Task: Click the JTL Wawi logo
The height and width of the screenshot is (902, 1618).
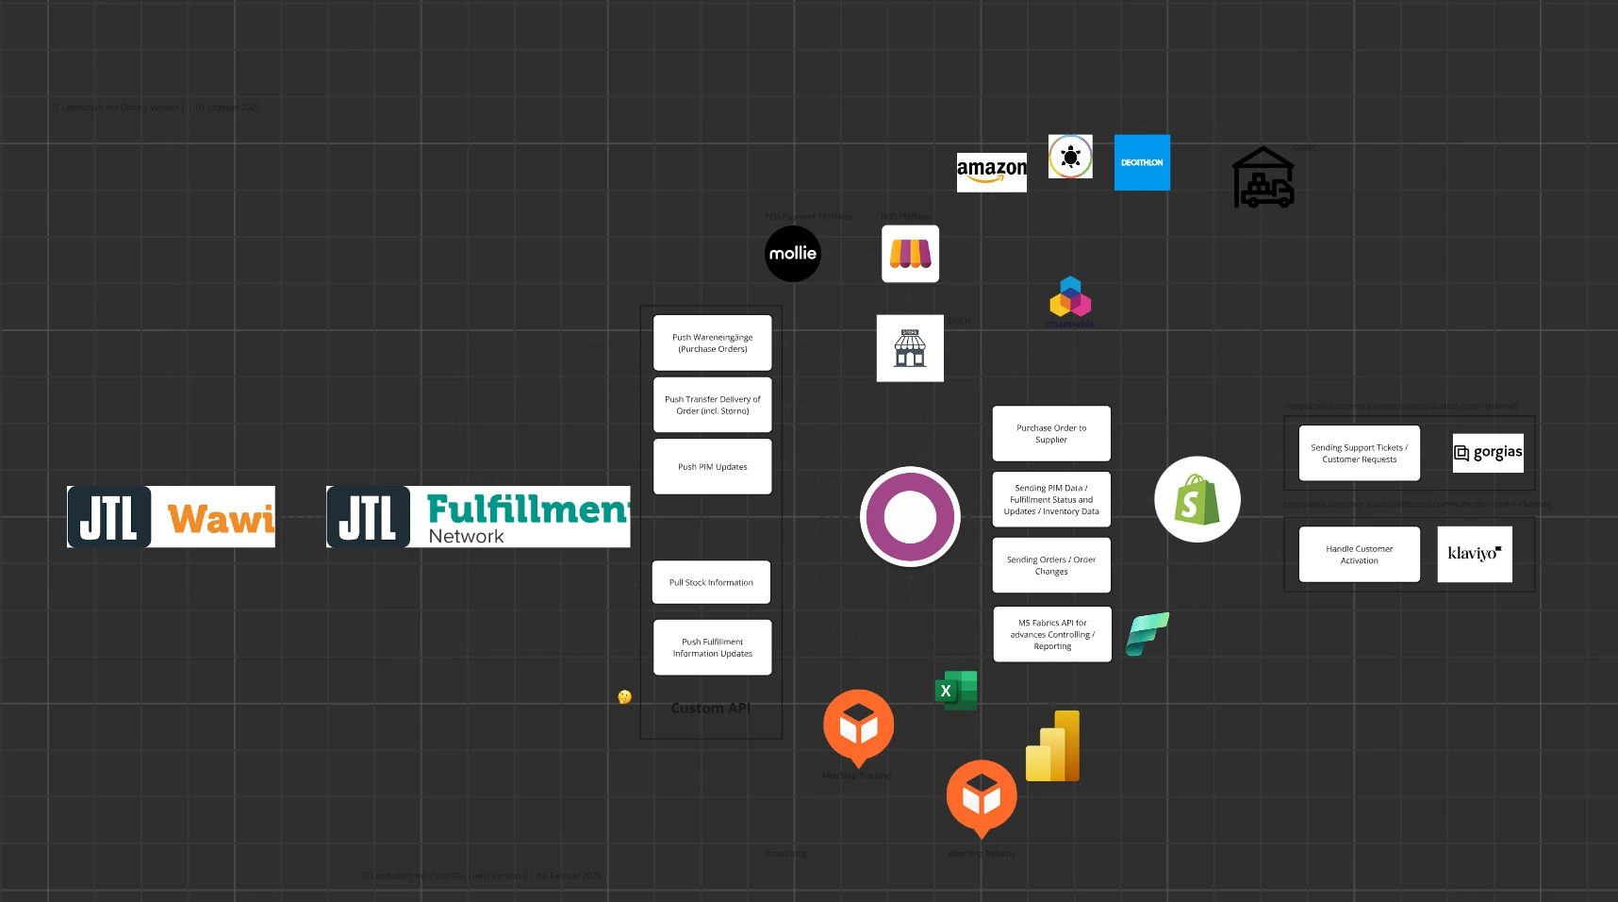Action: coord(171,517)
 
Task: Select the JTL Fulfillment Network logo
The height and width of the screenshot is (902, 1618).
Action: coord(478,517)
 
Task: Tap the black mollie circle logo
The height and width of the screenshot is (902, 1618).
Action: coord(793,254)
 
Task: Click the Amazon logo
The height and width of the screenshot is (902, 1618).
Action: coord(991,172)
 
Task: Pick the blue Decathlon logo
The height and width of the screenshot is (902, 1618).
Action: coord(1142,162)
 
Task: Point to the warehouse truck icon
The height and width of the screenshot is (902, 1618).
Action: coord(1263,178)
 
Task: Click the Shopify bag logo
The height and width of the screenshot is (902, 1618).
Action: coord(1197,500)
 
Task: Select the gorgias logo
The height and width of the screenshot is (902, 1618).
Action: coord(1488,453)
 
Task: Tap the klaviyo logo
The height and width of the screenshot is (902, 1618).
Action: coord(1474,554)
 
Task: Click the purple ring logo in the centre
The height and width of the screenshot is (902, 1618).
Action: coord(910,517)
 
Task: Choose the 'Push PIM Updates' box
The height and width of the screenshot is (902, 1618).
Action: coord(713,467)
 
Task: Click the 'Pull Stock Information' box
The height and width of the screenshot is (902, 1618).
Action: coord(711,583)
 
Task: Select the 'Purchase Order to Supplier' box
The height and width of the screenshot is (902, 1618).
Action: coord(1051,434)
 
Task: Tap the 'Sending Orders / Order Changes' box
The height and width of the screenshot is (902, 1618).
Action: coord(1051,565)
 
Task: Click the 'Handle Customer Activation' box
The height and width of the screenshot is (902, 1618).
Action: coord(1359,555)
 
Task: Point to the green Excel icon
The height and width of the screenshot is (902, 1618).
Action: coord(955,691)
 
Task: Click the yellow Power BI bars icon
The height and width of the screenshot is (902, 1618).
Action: coord(1053,747)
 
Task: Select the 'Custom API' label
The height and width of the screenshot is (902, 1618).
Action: coord(710,709)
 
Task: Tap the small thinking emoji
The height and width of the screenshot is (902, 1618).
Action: coord(624,697)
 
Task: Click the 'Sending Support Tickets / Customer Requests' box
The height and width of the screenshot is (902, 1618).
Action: coord(1359,454)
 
